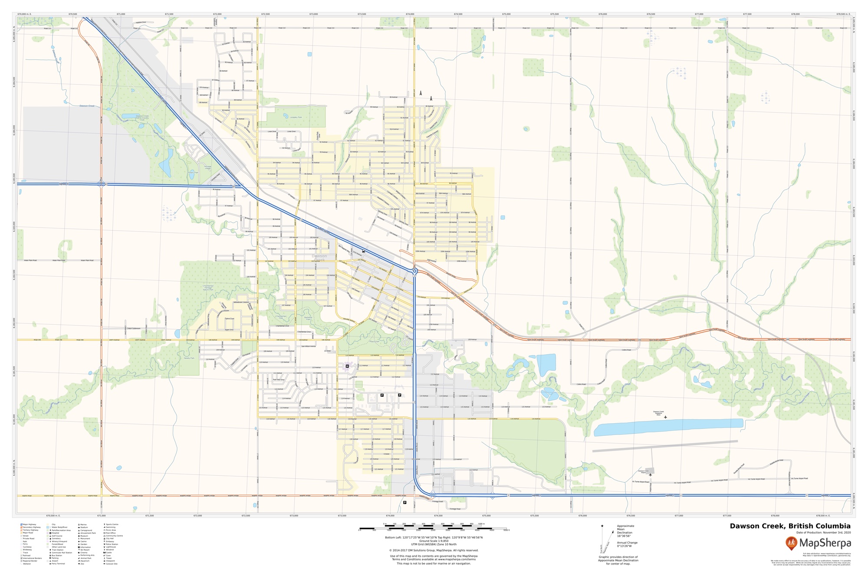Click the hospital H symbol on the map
pos(347,366)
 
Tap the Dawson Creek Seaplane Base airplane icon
pos(665,417)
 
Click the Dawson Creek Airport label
pos(643,471)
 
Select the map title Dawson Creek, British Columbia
pos(790,526)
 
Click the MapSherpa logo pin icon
pos(792,543)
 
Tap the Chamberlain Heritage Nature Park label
pos(208,287)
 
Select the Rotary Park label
pos(193,173)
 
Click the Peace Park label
pos(374,342)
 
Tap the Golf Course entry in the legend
pos(56,536)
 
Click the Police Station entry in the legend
pos(112,544)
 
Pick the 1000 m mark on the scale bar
pos(481,524)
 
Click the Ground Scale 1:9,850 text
pos(434,541)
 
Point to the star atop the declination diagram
pos(602,526)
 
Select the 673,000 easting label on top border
pos(313,14)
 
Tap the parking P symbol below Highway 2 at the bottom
pos(404,502)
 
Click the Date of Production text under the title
pos(823,532)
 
